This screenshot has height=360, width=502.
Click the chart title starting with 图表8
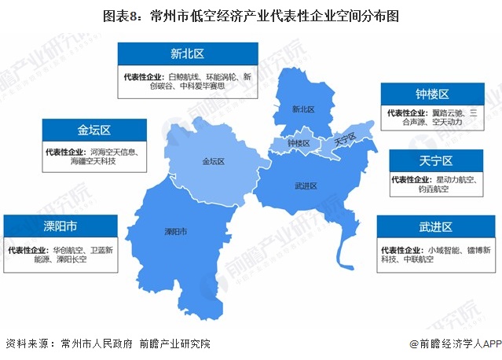251,16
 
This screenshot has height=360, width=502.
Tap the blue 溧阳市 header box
60,227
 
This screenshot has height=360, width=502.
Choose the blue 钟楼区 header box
432,94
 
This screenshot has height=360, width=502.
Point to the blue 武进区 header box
435,227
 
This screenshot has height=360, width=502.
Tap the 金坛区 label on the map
213,162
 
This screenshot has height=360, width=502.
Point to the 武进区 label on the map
305,186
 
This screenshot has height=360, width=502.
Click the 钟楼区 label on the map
299,144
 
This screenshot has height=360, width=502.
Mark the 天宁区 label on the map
345,140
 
